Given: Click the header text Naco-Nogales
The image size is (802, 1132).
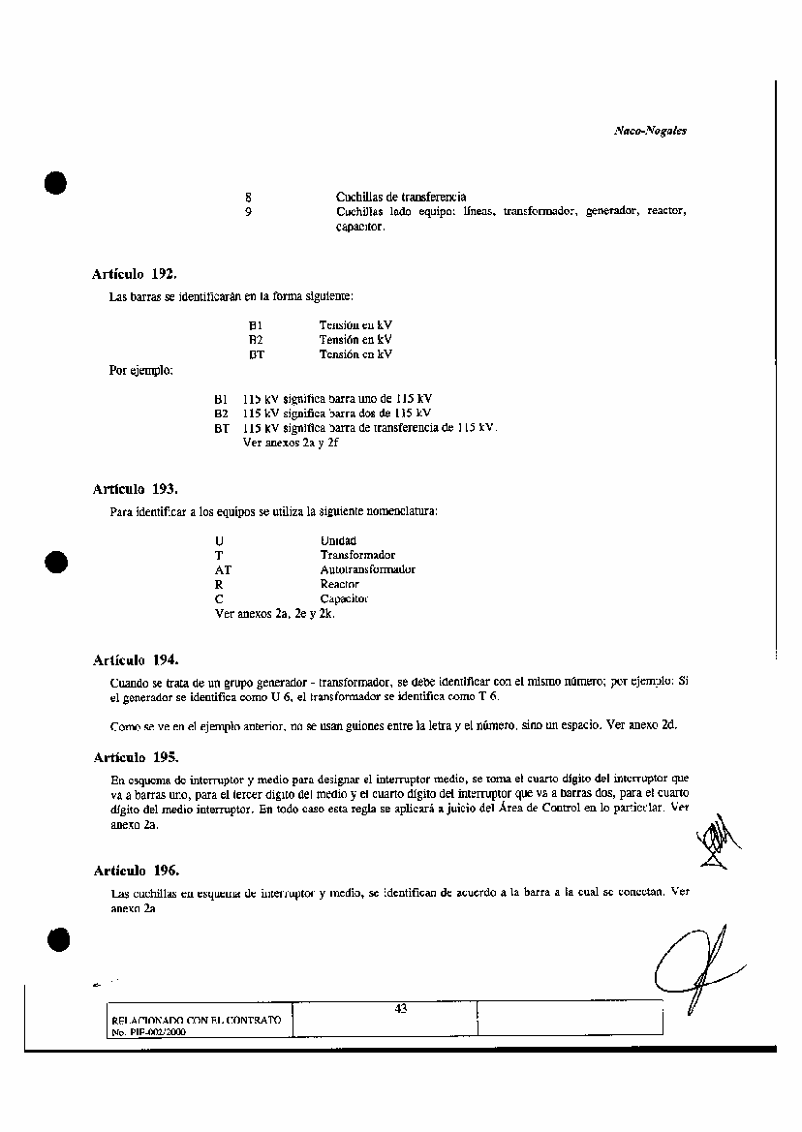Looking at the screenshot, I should coord(650,130).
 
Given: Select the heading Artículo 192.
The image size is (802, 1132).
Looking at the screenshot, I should coord(135,274).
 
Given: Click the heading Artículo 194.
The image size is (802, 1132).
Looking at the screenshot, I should coord(135,660).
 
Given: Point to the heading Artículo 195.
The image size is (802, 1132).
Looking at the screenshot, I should coord(135,756).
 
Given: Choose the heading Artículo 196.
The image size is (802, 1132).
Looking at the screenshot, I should coord(135,870).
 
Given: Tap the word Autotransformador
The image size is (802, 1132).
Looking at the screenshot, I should coord(367,569).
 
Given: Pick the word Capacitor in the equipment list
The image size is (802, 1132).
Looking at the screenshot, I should coord(344,598).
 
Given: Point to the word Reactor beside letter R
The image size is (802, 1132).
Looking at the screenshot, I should coord(339,584).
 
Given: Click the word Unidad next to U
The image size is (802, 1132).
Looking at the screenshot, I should coord(338,540).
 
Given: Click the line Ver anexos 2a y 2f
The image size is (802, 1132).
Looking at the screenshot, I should coord(291,443).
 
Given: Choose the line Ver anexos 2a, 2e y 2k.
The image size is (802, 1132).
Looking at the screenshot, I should coord(275,613).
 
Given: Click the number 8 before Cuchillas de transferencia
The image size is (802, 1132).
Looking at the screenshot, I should coord(249,197).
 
